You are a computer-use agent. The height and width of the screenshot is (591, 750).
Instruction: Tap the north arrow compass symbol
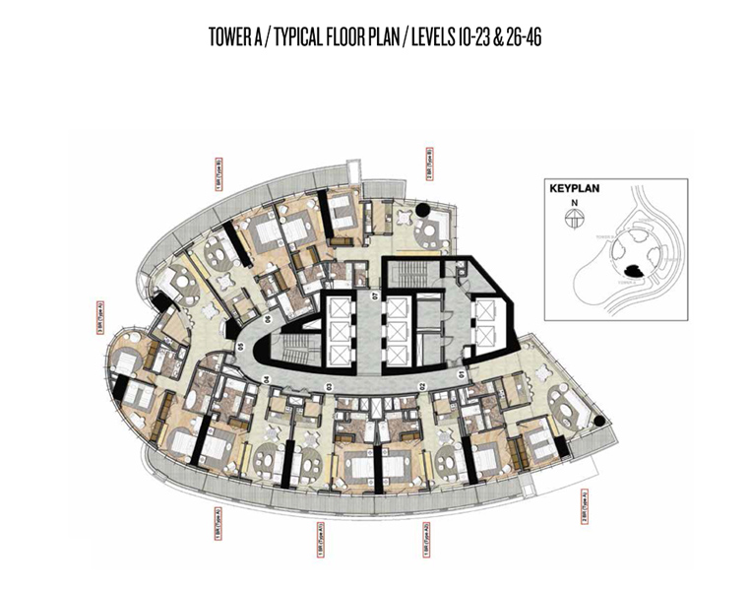click(569, 222)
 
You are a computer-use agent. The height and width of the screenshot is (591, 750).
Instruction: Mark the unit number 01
click(463, 375)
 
